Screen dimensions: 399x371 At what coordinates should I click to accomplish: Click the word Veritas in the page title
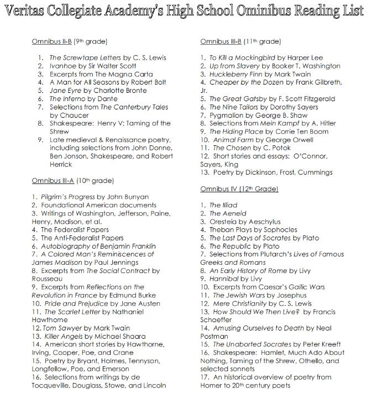31,13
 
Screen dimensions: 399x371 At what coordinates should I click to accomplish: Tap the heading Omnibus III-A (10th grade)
72,180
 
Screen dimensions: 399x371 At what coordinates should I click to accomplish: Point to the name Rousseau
48,279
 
